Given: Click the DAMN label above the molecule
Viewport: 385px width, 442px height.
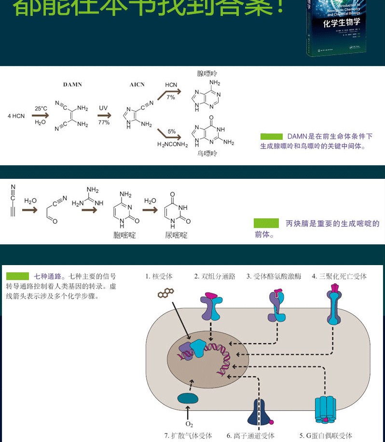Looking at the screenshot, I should [72, 84].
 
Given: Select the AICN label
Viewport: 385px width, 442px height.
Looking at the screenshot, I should [137, 84].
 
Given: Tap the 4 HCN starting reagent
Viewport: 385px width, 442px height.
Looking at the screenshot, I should [16, 116].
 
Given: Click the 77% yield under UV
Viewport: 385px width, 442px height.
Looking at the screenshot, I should [104, 122].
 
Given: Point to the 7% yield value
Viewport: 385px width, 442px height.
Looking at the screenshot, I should [171, 97].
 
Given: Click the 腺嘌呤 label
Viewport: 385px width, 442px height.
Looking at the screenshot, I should [207, 74].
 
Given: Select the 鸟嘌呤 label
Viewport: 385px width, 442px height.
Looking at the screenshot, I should [207, 153].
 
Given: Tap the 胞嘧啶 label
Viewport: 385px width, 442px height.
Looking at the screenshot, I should [124, 235].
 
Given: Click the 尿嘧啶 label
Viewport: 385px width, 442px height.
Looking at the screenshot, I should [176, 235].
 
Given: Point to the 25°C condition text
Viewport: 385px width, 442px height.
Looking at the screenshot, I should [41, 108].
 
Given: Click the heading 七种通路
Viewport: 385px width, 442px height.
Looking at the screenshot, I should [48, 276].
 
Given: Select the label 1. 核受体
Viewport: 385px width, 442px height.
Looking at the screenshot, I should [159, 276].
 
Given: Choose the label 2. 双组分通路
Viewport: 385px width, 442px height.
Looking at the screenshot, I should [215, 276].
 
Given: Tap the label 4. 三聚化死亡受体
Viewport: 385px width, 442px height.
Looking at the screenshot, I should [339, 276].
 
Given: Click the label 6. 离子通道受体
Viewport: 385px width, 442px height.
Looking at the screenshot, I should [250, 436].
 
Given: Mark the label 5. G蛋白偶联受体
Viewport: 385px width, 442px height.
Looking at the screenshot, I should [326, 436].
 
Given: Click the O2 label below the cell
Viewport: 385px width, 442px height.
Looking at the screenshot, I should [189, 424].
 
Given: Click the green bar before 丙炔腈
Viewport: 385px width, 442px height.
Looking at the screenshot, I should [266, 223].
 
